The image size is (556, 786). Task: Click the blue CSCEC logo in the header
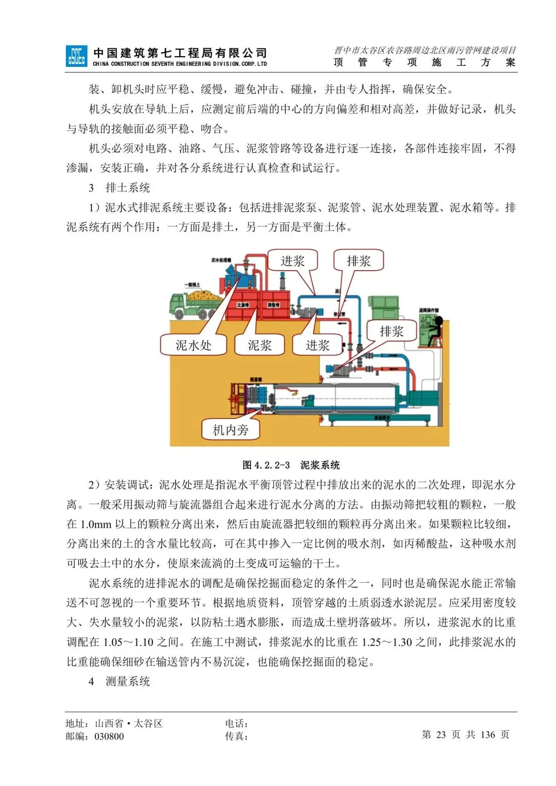(x=76, y=56)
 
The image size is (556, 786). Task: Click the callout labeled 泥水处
(x=194, y=345)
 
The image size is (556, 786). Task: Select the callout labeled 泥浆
(x=259, y=345)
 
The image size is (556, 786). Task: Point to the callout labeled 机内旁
(x=231, y=430)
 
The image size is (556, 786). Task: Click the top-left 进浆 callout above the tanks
(x=292, y=261)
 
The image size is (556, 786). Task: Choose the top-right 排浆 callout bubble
(x=358, y=261)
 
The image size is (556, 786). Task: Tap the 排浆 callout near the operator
(x=391, y=331)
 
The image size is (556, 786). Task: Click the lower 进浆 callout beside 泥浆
(x=317, y=345)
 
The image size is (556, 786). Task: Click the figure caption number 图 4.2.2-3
(x=266, y=465)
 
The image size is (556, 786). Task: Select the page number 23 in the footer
(x=441, y=735)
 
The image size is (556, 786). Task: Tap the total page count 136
(x=488, y=735)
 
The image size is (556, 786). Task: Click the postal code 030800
(x=109, y=737)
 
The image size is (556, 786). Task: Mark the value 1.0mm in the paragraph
(x=96, y=524)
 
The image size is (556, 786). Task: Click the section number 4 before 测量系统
(x=91, y=682)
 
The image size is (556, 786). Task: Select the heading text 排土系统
(x=128, y=188)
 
